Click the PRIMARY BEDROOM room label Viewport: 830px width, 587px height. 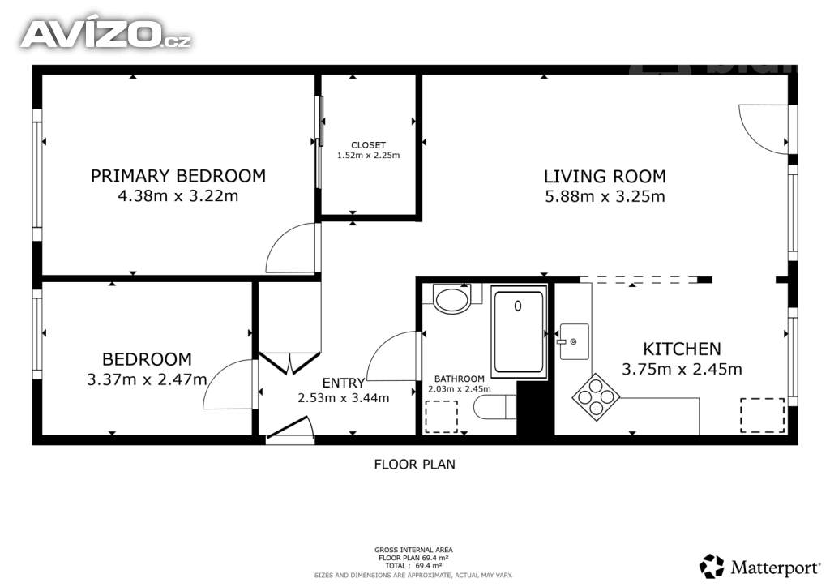tap(178, 176)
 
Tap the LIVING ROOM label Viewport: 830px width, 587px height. tap(605, 176)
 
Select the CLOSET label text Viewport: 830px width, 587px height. tap(369, 145)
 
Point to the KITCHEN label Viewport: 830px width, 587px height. tap(682, 349)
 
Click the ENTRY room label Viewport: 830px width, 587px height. tap(344, 383)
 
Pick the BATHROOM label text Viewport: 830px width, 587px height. tap(460, 379)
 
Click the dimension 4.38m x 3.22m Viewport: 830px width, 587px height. tap(178, 196)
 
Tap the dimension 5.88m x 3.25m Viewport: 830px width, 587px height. tap(605, 196)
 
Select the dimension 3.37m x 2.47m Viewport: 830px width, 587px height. tap(147, 379)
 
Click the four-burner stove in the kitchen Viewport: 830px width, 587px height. tap(596, 397)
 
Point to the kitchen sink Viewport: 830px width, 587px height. tap(574, 342)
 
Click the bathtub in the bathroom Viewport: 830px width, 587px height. tap(519, 332)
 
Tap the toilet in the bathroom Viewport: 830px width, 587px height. tap(494, 407)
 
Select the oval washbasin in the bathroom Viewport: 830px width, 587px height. tap(451, 299)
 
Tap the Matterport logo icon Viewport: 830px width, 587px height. tap(712, 567)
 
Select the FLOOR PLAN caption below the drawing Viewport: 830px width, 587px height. tap(414, 465)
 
